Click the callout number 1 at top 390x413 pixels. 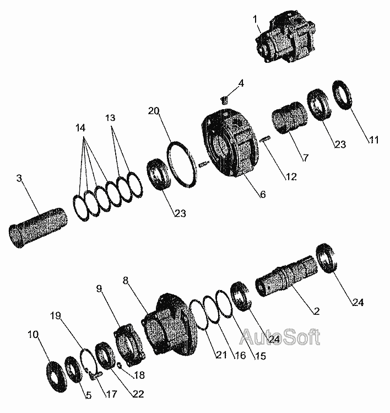(255, 19)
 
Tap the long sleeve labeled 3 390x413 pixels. (37, 227)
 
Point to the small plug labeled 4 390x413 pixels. (224, 100)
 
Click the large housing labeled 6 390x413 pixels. (230, 142)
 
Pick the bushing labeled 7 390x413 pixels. (290, 117)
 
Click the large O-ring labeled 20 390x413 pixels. (182, 164)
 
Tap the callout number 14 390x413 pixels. (80, 128)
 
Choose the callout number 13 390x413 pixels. (110, 117)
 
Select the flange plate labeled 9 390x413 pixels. (129, 346)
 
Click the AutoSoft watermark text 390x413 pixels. (280, 336)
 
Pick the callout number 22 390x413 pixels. (138, 394)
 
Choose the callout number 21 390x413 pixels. (221, 355)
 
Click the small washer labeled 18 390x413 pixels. (119, 365)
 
